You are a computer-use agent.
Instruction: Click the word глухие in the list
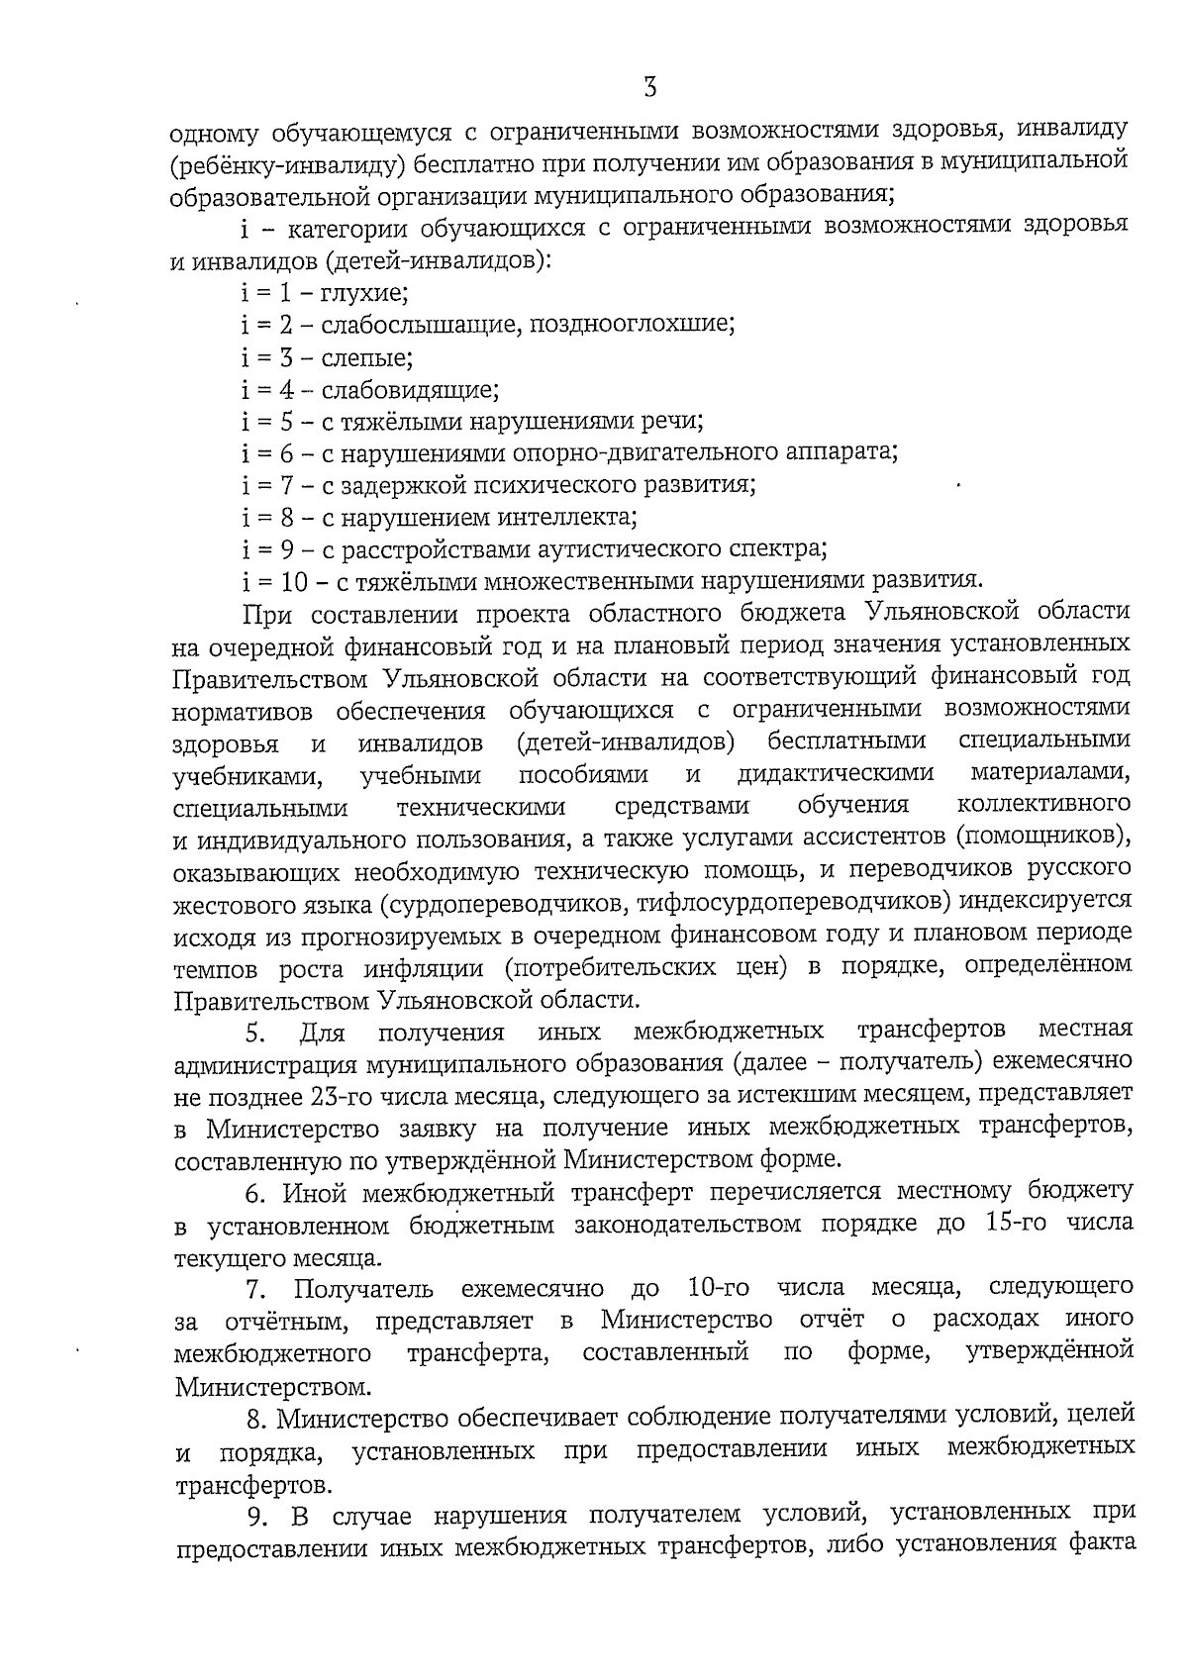pos(365,292)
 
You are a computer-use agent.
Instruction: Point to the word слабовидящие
pos(410,388)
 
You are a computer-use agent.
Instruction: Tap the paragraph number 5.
pos(255,1034)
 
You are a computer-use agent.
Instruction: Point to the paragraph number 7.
pos(254,1288)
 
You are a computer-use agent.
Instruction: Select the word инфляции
pos(411,966)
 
